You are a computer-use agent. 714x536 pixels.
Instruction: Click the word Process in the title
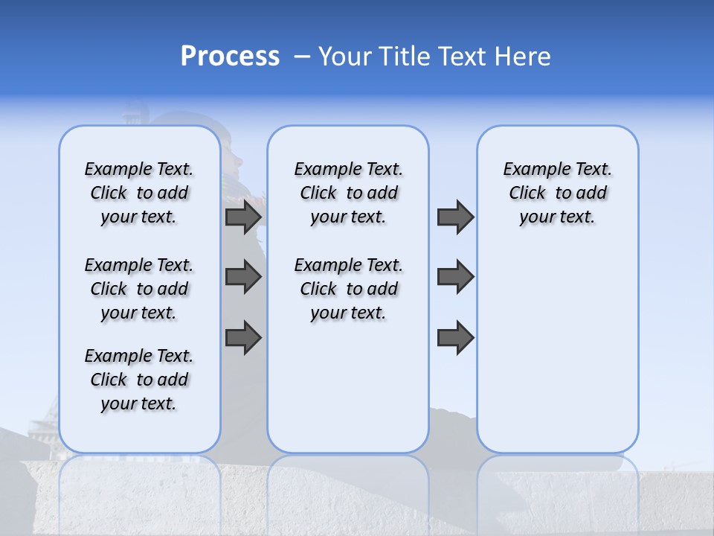(230, 57)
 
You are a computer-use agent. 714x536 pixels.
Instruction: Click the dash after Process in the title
(302, 57)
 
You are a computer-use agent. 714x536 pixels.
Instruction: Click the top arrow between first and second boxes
(243, 217)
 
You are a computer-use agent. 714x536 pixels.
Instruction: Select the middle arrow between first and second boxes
(243, 277)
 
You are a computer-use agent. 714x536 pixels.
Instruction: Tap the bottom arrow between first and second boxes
(243, 338)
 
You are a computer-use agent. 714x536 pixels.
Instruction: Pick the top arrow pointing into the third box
(455, 217)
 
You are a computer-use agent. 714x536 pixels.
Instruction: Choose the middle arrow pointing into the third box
(455, 277)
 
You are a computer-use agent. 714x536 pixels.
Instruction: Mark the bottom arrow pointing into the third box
(455, 338)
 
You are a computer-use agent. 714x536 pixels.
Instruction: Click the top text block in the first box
(139, 193)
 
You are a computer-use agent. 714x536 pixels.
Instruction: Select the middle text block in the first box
(139, 289)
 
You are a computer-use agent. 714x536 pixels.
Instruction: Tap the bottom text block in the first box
(139, 380)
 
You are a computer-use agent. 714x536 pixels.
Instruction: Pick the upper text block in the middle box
(348, 193)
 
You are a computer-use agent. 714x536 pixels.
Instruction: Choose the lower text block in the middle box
(348, 289)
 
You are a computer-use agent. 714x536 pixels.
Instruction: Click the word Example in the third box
(533, 170)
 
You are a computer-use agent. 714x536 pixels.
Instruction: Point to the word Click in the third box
(527, 194)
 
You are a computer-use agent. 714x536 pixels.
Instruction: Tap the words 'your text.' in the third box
(557, 217)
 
